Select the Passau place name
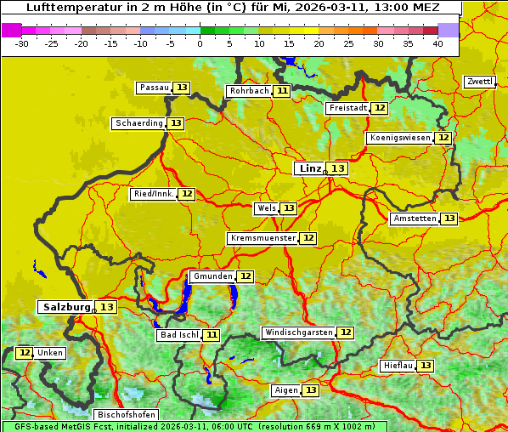154,88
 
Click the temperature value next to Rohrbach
282,91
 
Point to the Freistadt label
347,108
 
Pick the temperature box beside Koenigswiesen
443,138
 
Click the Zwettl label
480,82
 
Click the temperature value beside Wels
289,208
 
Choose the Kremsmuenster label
262,238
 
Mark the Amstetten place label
415,219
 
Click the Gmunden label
212,276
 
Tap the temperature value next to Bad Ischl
211,335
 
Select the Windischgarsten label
298,333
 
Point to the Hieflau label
398,366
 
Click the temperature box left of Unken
25,353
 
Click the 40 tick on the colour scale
437,43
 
